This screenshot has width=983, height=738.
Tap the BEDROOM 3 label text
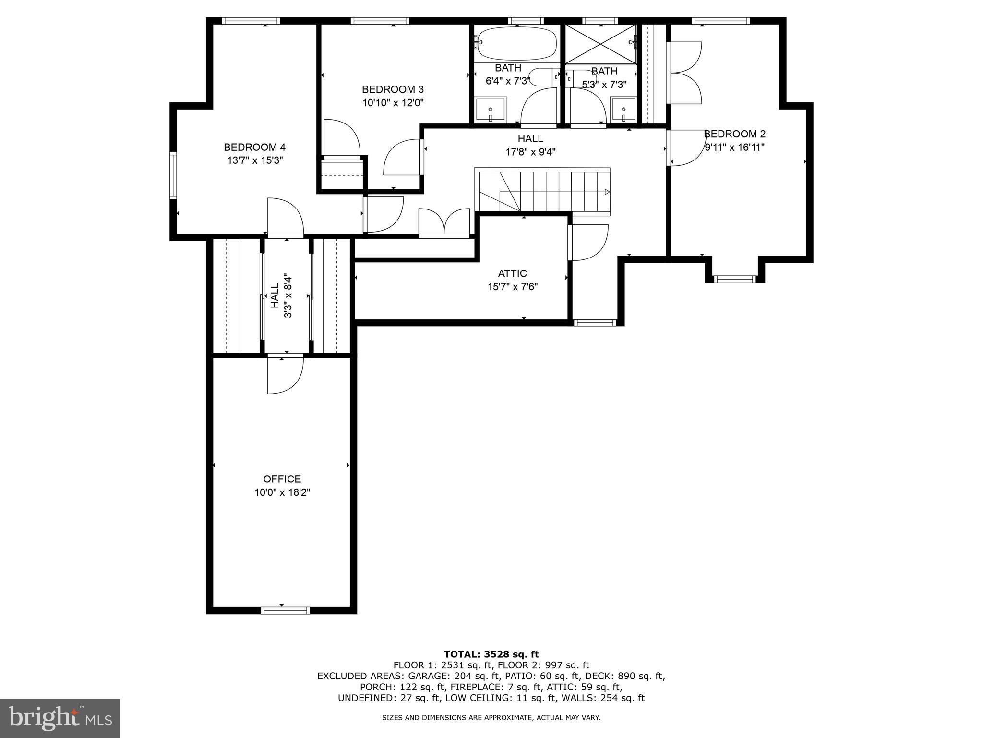[393, 89]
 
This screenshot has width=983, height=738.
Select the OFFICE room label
[282, 479]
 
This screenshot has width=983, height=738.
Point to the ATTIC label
[512, 273]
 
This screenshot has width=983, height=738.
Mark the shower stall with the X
[601, 44]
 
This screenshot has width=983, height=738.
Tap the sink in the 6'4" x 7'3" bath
[491, 111]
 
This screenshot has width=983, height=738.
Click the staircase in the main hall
[542, 191]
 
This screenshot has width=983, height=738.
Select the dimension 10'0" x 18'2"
[282, 492]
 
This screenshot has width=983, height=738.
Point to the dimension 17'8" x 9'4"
[530, 152]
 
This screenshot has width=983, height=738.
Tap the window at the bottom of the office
[286, 610]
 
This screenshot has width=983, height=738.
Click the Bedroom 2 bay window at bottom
[734, 279]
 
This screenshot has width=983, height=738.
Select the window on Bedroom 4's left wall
[173, 175]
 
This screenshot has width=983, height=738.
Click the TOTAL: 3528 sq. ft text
[491, 654]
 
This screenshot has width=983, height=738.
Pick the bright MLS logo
[60, 718]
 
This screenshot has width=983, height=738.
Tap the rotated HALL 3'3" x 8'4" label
[281, 296]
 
